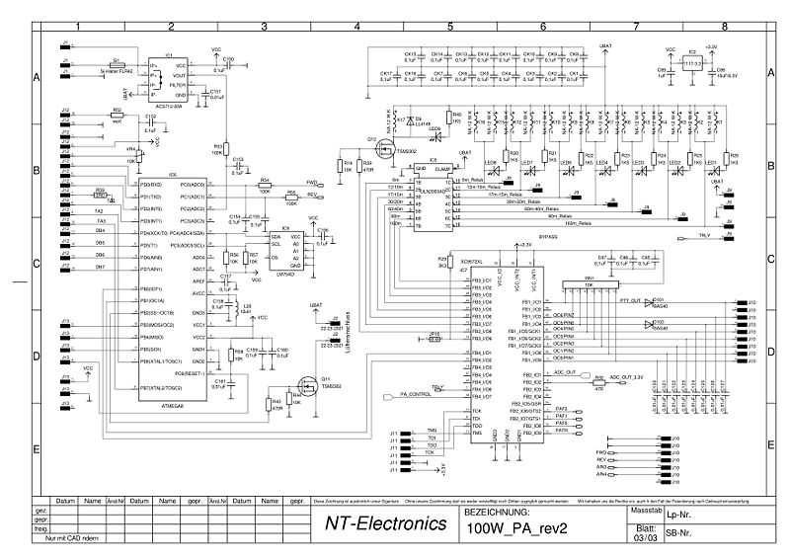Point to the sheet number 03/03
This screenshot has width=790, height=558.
point(643,537)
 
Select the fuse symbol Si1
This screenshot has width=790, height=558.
point(117,65)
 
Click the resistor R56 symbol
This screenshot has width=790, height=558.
point(233,258)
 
